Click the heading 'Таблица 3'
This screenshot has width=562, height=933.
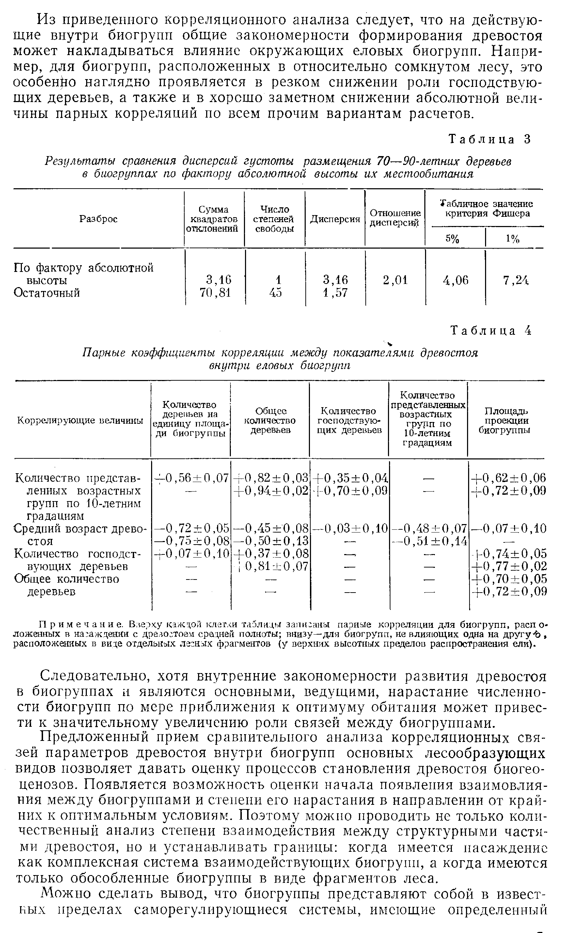pos(490,140)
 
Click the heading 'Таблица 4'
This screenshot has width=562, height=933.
pos(490,331)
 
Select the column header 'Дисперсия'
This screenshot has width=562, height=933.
pos(335,219)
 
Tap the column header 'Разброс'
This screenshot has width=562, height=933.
pos(98,219)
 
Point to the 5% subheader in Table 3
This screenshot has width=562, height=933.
pos(452,239)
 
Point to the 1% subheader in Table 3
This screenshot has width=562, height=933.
pos(513,239)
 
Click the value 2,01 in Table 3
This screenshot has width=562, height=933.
pos(395,280)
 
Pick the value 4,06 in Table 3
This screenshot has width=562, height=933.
pos(456,280)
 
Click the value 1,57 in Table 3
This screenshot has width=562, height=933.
pos(335,293)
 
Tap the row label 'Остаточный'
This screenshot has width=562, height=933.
pos(47,293)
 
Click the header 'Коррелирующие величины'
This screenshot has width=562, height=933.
pos(80,421)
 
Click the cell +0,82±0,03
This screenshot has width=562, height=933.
pos(271,478)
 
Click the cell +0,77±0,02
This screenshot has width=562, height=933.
pos(509,566)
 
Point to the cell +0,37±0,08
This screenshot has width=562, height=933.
pos(271,554)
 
